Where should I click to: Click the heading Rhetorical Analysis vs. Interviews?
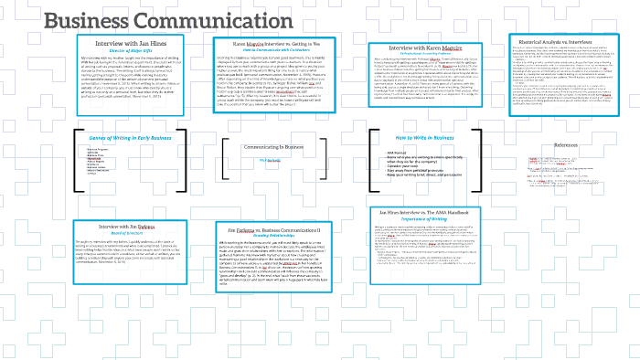567,39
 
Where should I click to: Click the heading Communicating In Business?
272,147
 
